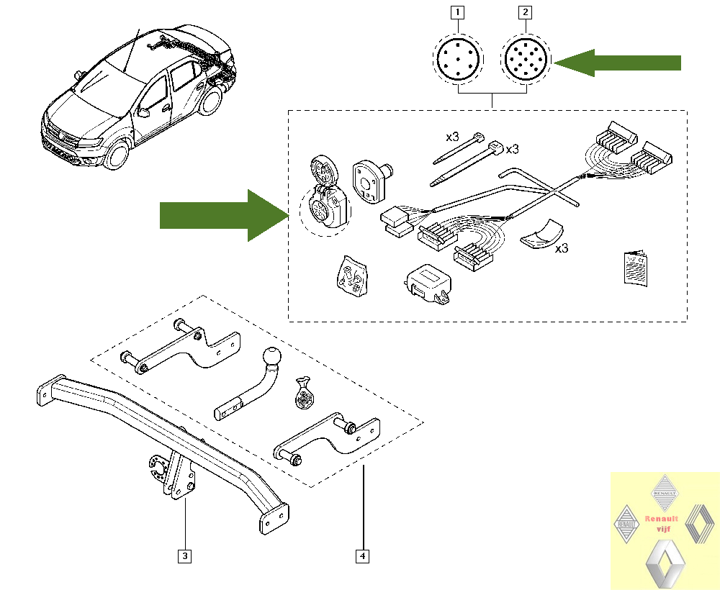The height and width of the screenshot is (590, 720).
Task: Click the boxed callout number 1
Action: pyautogui.click(x=459, y=12)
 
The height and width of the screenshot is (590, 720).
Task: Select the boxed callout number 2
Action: pyautogui.click(x=526, y=12)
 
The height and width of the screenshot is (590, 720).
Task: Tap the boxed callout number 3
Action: pyautogui.click(x=185, y=555)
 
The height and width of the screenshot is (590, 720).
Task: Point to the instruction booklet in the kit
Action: pyautogui.click(x=634, y=268)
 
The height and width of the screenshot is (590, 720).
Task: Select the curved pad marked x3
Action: pyautogui.click(x=543, y=234)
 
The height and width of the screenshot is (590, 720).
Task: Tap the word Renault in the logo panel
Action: pyautogui.click(x=662, y=518)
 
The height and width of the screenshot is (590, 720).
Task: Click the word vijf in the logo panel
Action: pyautogui.click(x=663, y=529)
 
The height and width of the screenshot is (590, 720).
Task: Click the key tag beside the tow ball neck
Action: pyautogui.click(x=305, y=394)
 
